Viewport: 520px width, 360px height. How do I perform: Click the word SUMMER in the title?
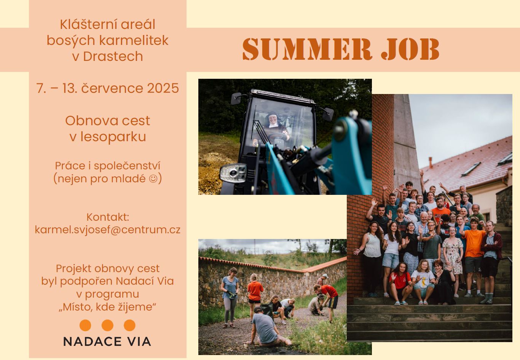307,49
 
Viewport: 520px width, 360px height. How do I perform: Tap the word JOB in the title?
410,49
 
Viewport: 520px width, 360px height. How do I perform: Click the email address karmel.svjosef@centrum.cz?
107,230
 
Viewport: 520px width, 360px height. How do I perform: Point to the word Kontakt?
108,217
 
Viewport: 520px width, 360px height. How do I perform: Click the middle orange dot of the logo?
107,325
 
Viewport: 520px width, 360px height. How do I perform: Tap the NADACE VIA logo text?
107,341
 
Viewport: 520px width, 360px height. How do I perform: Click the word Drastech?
113,56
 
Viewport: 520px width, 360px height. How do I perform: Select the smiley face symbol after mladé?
153,179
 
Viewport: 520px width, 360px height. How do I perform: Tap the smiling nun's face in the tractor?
273,119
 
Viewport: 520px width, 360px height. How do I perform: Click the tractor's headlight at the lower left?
233,173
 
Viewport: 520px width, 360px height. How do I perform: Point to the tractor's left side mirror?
236,99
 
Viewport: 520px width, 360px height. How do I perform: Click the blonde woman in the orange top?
255,294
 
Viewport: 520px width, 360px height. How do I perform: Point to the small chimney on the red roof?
430,162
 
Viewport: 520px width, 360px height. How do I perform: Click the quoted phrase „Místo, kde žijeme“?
107,307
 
